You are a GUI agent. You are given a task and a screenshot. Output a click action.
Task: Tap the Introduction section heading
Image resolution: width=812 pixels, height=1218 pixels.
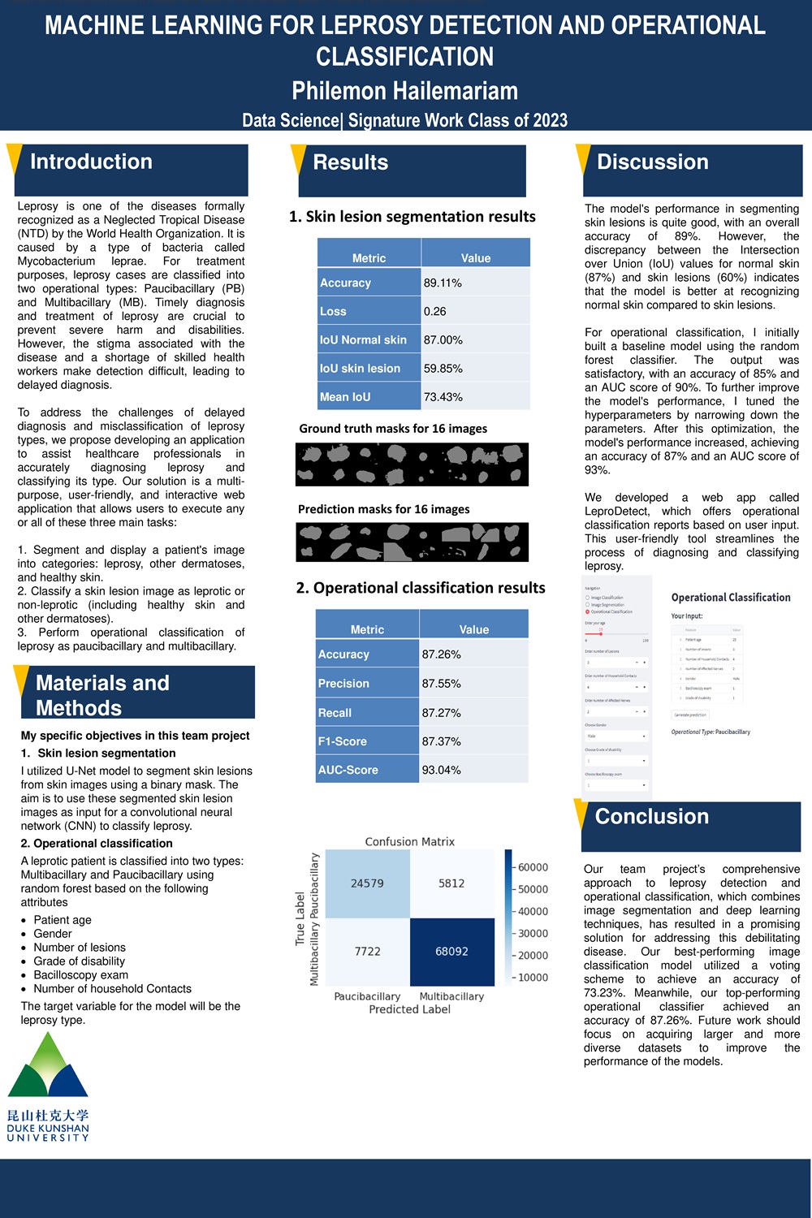(x=91, y=162)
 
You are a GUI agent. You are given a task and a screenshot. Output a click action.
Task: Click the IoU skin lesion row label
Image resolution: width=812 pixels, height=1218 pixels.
(x=360, y=369)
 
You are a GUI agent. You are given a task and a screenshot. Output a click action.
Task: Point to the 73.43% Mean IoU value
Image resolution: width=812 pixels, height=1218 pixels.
(x=443, y=397)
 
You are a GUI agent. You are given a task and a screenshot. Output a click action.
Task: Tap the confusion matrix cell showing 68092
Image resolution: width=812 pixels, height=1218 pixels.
(x=451, y=951)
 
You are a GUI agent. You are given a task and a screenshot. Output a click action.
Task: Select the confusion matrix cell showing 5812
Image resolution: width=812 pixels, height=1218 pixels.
(x=451, y=883)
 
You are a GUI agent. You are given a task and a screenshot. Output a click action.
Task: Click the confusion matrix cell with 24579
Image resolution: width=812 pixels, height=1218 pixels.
(x=367, y=883)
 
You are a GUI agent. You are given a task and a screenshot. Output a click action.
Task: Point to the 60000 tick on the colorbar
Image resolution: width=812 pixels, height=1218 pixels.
(x=533, y=867)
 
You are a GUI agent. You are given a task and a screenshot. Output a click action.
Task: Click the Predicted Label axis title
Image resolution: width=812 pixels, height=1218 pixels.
(x=409, y=1009)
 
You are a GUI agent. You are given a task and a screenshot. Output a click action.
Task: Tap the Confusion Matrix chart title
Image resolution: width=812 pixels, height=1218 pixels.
(x=409, y=842)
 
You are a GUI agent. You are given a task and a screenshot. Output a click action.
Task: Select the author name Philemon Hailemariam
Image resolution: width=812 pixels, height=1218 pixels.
(x=404, y=91)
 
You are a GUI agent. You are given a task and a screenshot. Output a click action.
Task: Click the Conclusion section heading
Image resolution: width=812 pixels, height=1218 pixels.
(x=651, y=817)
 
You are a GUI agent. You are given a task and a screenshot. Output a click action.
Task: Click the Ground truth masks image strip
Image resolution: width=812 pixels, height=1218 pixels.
(x=412, y=464)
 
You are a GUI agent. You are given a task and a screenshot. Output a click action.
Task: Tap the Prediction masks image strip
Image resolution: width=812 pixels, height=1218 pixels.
(x=412, y=542)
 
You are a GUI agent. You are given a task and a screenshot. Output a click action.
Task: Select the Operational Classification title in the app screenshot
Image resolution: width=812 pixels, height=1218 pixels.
(x=731, y=598)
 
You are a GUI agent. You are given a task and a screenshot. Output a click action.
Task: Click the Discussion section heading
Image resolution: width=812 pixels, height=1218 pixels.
(x=652, y=162)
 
